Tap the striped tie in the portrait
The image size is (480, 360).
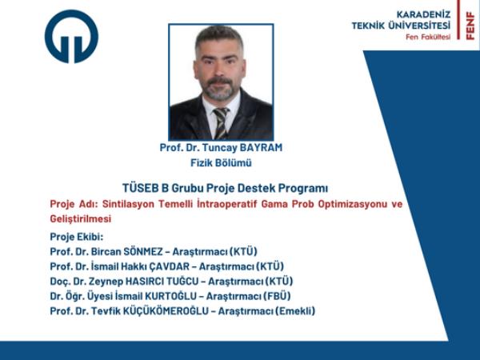tap(221, 123)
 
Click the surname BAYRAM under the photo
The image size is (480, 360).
tap(261, 147)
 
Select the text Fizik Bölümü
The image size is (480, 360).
tap(221, 162)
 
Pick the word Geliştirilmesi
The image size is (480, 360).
tap(81, 219)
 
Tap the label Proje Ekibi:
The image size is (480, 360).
tap(77, 237)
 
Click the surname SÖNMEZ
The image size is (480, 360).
tap(143, 252)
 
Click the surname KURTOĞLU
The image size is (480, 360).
tap(171, 296)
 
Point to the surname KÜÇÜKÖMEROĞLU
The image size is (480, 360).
tap(166, 311)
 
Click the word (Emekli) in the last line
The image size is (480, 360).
tap(295, 311)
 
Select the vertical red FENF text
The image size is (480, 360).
tap(470, 26)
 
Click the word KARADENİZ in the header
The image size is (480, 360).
tap(424, 14)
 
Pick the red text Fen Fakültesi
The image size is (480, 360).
tap(428, 37)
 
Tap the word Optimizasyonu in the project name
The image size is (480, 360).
tap(353, 204)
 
